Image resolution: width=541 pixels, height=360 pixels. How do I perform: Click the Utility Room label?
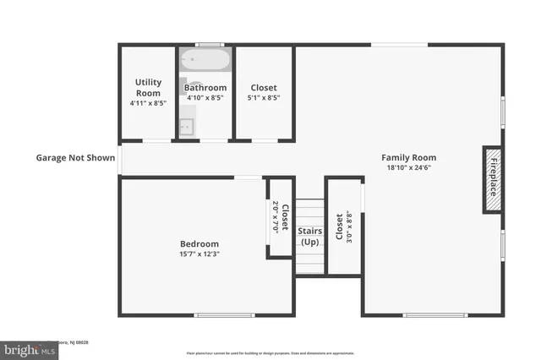148,87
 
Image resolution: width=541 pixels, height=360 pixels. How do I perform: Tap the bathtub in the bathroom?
205,61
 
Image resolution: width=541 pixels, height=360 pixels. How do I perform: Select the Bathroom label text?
205,88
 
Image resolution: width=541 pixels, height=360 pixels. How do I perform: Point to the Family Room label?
408,157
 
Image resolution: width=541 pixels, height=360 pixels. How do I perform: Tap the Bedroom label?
199,244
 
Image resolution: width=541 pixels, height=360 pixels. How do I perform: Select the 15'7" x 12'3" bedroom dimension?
199,254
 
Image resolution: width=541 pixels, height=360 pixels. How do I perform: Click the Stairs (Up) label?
309,237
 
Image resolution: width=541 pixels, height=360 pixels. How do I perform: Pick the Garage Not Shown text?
75,157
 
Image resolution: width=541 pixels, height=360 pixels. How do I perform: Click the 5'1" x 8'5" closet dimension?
264,98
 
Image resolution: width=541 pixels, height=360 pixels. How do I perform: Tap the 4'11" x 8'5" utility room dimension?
148,103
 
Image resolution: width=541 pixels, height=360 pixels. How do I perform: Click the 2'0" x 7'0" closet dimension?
276,217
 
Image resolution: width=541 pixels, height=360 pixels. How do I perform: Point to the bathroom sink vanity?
187,127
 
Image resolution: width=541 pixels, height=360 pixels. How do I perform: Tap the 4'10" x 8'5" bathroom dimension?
205,98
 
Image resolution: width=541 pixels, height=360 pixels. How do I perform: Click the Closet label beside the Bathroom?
264,88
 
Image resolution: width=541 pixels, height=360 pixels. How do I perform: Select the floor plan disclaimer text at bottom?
270,352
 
